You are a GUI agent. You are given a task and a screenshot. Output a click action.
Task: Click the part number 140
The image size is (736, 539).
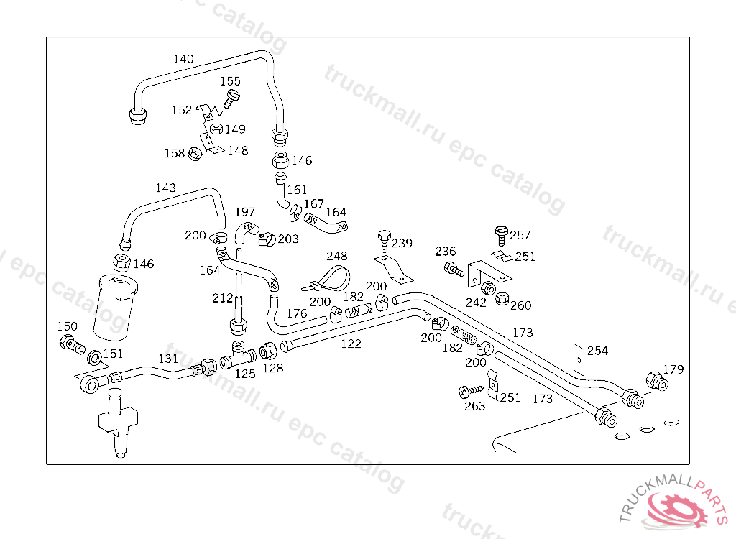pos(183,59)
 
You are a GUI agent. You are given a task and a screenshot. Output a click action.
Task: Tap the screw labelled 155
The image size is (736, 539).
pos(231,97)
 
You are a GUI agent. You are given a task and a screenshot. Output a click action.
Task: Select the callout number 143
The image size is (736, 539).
pos(165,188)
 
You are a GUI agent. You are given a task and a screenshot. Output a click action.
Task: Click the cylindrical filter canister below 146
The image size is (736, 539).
pos(115,305)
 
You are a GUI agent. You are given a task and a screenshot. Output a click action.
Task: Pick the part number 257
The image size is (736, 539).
pos(520,235)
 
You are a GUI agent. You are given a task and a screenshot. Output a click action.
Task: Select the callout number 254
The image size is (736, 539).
pos(597,351)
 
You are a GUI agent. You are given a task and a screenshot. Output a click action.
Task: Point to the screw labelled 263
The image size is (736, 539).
pos(467,392)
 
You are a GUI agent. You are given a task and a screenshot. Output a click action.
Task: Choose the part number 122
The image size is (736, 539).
pos(351,344)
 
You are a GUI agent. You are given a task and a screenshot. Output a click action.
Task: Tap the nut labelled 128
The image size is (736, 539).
pos(269,351)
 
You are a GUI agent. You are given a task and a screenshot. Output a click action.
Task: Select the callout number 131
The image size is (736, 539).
pos(168,358)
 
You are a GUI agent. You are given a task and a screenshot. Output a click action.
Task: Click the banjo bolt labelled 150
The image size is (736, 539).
pos(70,344)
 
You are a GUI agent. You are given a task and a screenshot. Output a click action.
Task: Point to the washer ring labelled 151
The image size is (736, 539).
pos(94,357)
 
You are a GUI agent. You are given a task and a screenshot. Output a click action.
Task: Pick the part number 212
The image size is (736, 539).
pos(223,298)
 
